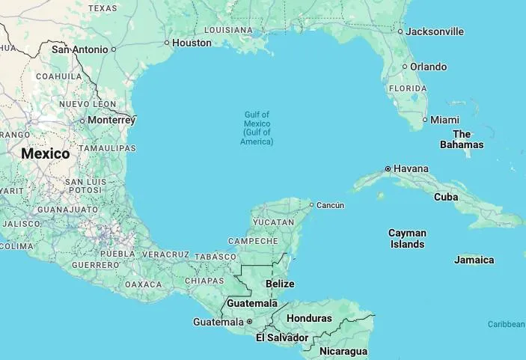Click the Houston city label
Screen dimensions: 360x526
pos(192,43)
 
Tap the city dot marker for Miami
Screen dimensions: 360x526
pos(425,120)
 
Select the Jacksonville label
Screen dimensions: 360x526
pos(435,31)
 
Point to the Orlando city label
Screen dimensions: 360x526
pos(429,67)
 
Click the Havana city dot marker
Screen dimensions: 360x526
pos(388,168)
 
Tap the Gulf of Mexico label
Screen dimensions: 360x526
pos(257,128)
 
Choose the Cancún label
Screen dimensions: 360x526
pos(331,205)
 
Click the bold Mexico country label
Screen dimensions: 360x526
pos(45,153)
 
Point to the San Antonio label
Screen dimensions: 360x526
pos(79,49)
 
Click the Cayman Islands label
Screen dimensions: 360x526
pos(407,239)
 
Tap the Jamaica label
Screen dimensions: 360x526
pos(474,260)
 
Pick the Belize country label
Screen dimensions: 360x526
pos(280,284)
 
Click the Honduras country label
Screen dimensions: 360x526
pos(309,318)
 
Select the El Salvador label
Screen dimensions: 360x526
pos(281,338)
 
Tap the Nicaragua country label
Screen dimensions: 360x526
pos(343,351)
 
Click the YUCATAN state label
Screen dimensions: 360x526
pos(273,222)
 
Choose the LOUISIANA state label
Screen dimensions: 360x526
pos(228,30)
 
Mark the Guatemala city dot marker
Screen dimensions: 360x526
pos(249,322)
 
